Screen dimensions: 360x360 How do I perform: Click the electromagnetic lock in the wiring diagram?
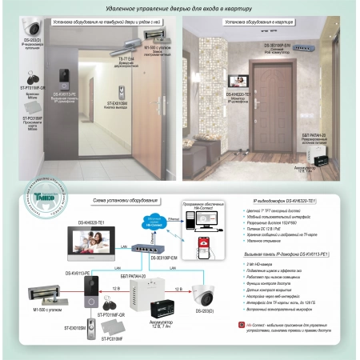(35, 291)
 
